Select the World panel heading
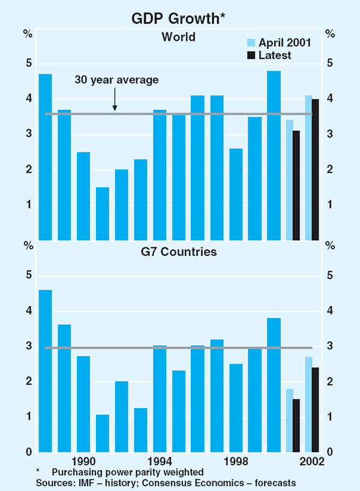[x=178, y=37]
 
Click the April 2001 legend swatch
[x=252, y=43]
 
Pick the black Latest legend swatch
[x=252, y=55]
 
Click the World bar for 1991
[x=103, y=214]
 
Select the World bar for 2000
[x=274, y=155]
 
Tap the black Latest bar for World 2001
[x=296, y=185]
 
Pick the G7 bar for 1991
[x=103, y=433]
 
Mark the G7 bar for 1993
[x=140, y=430]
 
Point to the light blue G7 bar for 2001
[x=289, y=420]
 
